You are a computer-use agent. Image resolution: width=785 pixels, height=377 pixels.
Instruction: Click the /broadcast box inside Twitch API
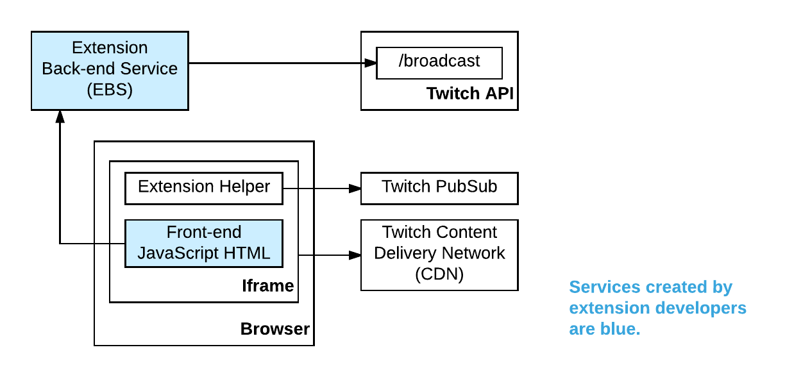(439, 63)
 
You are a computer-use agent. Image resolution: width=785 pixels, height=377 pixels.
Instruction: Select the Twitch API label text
(471, 94)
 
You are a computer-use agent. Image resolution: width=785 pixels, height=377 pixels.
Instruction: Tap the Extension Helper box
(203, 187)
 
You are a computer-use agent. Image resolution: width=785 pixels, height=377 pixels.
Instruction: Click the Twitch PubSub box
(439, 187)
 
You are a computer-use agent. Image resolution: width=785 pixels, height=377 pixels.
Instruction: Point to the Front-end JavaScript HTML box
(203, 243)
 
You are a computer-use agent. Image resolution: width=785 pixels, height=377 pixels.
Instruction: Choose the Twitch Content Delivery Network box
(439, 254)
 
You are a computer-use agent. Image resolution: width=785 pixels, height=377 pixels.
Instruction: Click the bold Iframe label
(267, 286)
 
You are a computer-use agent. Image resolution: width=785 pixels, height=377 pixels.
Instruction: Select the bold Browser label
(274, 330)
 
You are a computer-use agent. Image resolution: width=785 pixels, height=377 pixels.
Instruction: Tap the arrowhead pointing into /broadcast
(370, 63)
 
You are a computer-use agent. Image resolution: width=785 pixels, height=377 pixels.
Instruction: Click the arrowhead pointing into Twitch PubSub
(355, 188)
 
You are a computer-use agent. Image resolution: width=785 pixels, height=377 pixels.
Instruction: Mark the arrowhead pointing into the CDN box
(355, 255)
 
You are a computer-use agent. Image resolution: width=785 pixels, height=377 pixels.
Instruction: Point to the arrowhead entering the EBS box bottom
(60, 116)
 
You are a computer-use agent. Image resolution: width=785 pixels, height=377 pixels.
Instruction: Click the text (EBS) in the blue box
(110, 89)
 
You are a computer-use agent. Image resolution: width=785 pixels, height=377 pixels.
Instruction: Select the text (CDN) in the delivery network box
(439, 274)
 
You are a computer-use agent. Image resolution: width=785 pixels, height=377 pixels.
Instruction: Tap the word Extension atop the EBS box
(110, 48)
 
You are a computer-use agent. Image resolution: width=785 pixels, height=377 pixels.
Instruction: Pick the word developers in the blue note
(703, 308)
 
